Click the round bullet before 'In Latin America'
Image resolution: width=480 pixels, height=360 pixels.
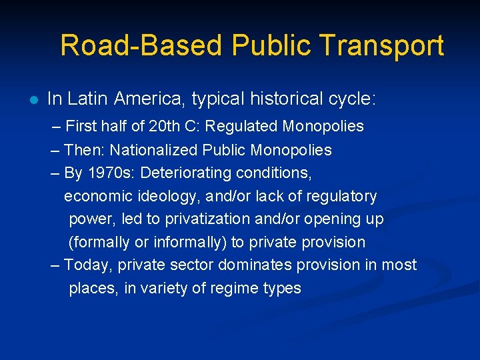click(33, 101)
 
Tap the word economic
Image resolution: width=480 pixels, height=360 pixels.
click(93, 197)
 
